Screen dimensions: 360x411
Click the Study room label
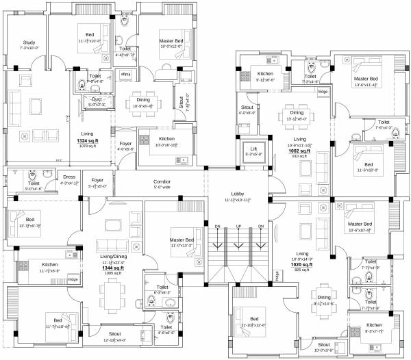[x=29, y=42]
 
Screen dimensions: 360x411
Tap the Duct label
[x=95, y=99]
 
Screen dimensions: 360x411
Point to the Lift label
[x=253, y=149]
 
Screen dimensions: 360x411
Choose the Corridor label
[x=162, y=181]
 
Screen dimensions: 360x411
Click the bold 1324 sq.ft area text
[x=88, y=140]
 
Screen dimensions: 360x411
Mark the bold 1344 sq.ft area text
[x=97, y=268]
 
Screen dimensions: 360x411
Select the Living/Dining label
[x=97, y=257]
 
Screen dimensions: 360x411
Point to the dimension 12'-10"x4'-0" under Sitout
[x=114, y=339]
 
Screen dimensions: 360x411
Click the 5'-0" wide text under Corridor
[x=162, y=186]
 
